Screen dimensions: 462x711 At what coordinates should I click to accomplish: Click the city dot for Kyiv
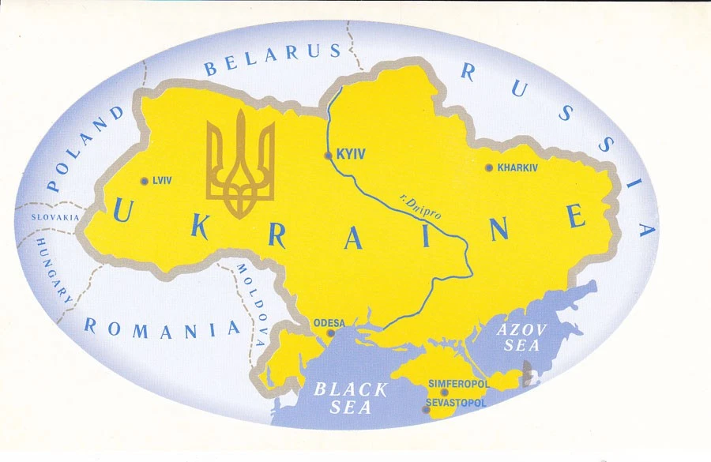tap(329, 156)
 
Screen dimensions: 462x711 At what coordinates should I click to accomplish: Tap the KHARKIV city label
tap(517, 167)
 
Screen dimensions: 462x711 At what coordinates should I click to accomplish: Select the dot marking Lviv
tap(143, 181)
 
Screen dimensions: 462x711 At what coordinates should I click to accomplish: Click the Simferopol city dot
tap(445, 393)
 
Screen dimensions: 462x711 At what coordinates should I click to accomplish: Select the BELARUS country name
tap(273, 60)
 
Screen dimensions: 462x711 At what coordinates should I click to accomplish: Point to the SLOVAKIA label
tap(55, 216)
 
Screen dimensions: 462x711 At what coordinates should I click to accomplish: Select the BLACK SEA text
tap(352, 398)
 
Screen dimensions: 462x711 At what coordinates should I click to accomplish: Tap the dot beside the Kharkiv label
tap(489, 167)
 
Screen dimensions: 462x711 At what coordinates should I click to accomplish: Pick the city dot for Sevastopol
tap(426, 409)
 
